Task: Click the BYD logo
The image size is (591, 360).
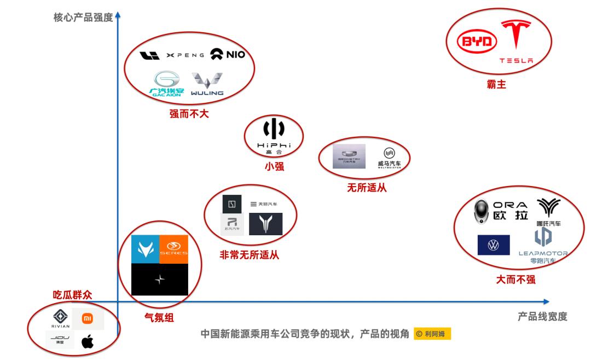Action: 477,42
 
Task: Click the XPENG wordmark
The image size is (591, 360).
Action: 186,55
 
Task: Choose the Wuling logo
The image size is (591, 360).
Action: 207,84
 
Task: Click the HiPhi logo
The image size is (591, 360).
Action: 274,137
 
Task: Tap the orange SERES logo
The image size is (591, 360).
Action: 173,249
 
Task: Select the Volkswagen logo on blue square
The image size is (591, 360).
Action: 494,245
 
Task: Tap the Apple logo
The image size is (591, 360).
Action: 88,342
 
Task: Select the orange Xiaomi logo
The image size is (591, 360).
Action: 88,318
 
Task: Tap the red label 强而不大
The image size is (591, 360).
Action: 189,114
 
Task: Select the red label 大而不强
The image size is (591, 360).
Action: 515,280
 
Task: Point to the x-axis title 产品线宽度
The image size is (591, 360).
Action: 542,316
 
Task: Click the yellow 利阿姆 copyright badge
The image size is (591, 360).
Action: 432,334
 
